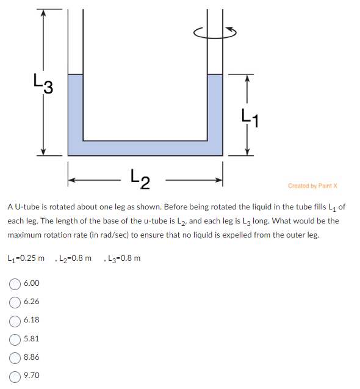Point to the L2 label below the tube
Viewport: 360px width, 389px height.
click(x=145, y=178)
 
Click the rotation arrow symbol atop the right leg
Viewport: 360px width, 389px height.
click(x=215, y=32)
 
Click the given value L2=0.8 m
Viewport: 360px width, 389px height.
click(x=74, y=258)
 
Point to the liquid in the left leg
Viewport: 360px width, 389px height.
click(x=74, y=107)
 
